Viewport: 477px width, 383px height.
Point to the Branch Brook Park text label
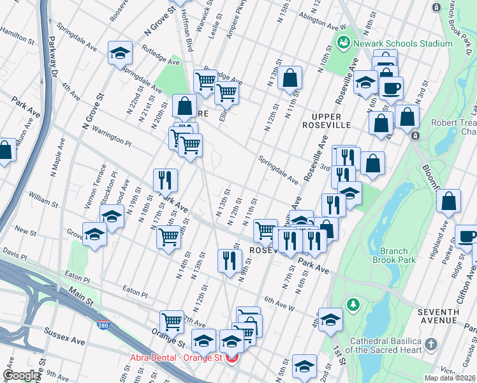(398, 255)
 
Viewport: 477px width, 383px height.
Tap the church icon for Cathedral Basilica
(432, 345)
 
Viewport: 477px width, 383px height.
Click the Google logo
(21, 375)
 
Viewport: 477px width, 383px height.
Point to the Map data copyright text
(450, 378)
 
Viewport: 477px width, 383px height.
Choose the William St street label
(43, 200)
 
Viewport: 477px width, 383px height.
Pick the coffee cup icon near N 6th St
(392, 87)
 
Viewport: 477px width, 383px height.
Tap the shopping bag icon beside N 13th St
(290, 78)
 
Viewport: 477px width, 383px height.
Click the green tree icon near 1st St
(351, 304)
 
